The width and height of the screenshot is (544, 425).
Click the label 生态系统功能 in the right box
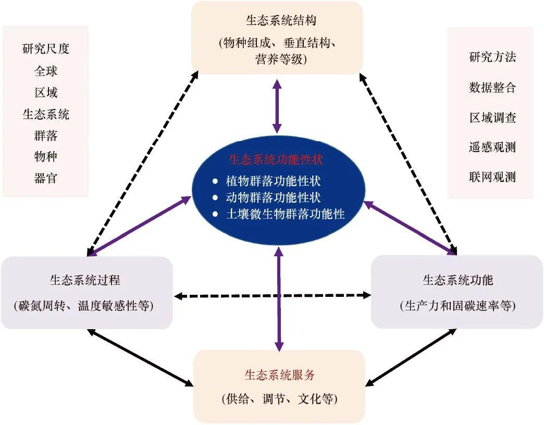(458, 280)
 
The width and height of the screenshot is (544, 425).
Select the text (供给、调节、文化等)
(279, 400)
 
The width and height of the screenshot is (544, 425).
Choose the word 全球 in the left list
(46, 71)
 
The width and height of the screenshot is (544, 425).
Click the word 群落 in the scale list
(46, 136)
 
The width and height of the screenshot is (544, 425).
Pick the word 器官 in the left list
(46, 179)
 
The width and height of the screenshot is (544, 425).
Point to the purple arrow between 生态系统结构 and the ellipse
(277, 106)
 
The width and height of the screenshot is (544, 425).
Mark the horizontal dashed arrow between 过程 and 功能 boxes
(271, 296)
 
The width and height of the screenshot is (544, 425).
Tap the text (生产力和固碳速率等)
(458, 306)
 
